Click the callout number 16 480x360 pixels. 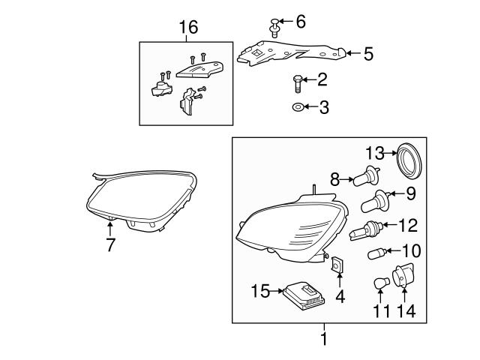tap(188, 28)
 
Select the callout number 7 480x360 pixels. tap(110, 245)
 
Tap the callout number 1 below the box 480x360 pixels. tap(324, 339)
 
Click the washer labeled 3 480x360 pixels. tap(298, 108)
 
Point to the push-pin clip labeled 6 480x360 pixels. tap(274, 28)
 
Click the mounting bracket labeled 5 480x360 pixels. tap(289, 52)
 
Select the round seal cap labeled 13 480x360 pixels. tap(409, 160)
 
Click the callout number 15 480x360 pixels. tap(259, 289)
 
